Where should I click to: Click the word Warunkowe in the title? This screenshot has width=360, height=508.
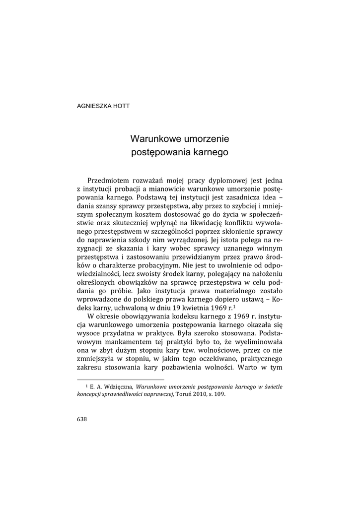tap(154, 139)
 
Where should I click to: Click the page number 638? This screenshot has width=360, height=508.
tap(82, 419)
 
